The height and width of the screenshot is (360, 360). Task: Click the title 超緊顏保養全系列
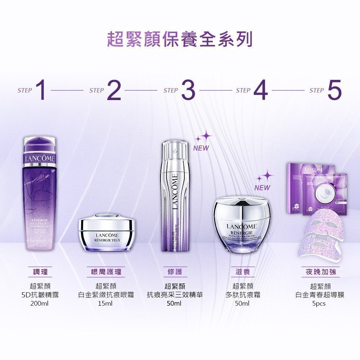[180, 39]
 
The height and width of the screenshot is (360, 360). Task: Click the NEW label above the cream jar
[262, 188]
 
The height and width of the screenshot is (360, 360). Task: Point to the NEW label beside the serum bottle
[201, 148]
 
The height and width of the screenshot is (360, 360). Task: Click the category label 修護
[175, 272]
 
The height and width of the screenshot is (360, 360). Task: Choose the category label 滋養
[242, 272]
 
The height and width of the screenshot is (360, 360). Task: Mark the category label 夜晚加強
[320, 272]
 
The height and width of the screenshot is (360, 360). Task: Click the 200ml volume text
[40, 303]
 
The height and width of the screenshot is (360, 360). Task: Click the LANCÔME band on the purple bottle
[40, 159]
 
